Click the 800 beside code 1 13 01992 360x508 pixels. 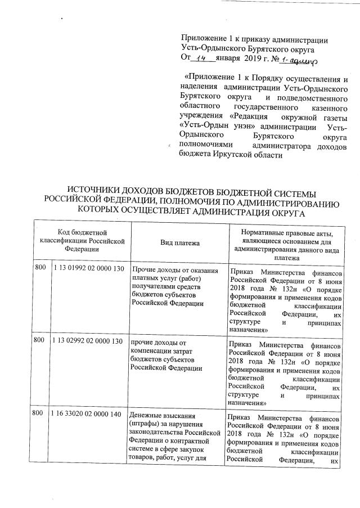click(x=39, y=269)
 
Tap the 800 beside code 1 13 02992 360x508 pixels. click(x=39, y=341)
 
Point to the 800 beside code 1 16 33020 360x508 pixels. click(x=39, y=413)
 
